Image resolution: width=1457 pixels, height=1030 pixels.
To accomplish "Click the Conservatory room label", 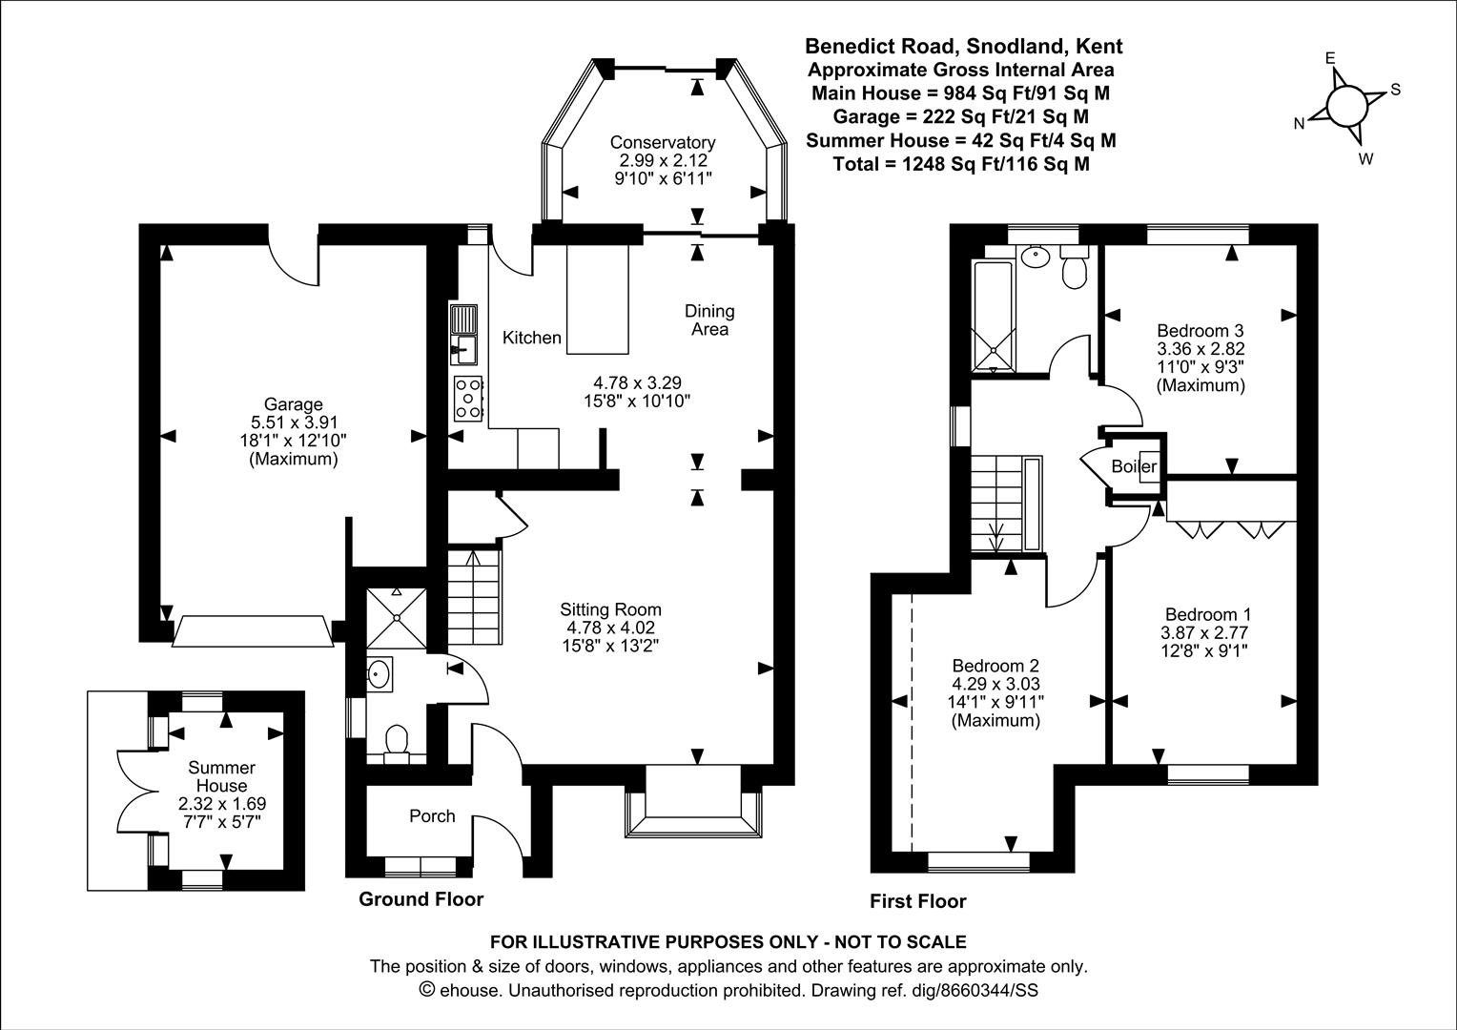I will [663, 142].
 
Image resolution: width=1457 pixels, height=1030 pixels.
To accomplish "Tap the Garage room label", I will [293, 404].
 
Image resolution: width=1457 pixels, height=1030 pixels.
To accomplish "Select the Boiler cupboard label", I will [1134, 466].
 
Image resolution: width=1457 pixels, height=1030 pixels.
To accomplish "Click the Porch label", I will [432, 816].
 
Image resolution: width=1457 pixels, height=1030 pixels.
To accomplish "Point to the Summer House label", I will [221, 776].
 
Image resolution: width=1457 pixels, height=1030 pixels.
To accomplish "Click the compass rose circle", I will [1345, 105].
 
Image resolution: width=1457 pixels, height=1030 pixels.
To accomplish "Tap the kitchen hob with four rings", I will [468, 397].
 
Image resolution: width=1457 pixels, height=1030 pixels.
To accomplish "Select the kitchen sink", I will [464, 336].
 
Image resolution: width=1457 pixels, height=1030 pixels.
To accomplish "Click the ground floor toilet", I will [395, 742].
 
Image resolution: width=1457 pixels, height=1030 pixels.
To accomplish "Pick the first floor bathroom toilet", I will [1075, 268].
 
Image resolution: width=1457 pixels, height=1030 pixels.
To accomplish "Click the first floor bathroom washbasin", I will [1033, 256].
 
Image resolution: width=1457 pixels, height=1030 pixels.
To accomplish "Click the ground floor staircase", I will [474, 596].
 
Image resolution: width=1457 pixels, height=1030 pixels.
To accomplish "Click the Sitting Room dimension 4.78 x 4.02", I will [610, 628].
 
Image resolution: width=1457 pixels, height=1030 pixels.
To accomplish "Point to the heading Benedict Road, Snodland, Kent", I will [963, 46].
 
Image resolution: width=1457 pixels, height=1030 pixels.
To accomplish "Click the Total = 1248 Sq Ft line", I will [961, 164].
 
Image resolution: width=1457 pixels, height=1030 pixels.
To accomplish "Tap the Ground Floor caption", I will [421, 899].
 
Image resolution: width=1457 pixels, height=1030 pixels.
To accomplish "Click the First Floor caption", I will [917, 901].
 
